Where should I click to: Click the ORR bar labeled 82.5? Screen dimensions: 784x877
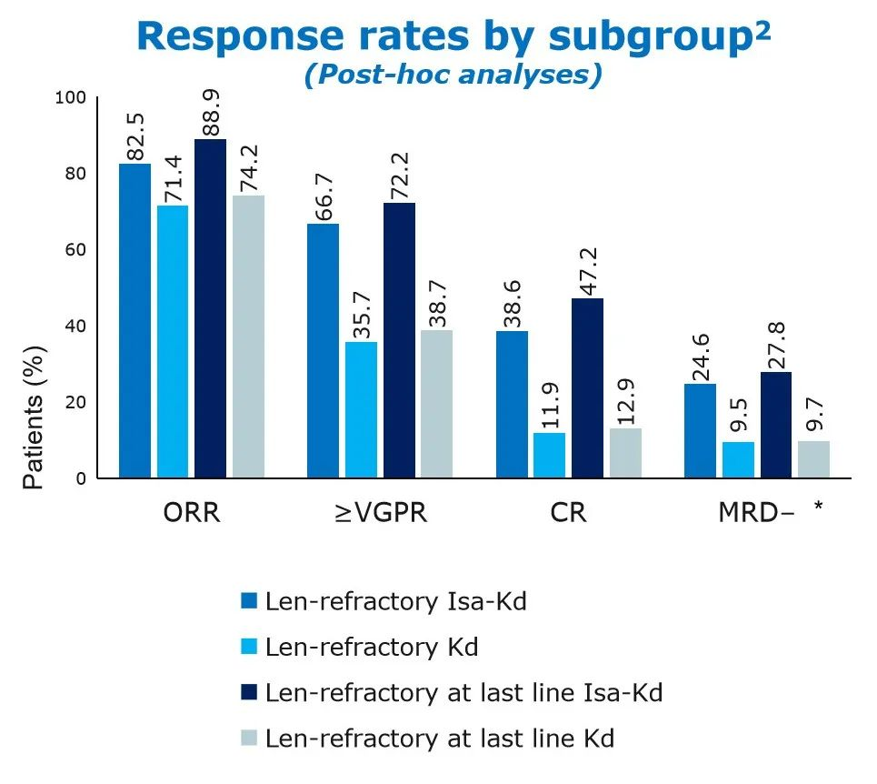(135, 320)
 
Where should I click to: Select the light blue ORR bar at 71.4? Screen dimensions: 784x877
(173, 341)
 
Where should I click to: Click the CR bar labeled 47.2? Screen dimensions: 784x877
(586, 387)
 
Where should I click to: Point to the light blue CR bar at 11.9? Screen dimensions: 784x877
(549, 455)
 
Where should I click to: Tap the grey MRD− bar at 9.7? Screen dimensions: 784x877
(813, 459)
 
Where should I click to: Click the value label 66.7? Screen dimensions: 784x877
(323, 193)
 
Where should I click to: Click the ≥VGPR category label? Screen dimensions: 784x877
(380, 512)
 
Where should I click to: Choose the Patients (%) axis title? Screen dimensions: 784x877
(34, 415)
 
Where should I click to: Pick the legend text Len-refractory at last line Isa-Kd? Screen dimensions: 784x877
(463, 693)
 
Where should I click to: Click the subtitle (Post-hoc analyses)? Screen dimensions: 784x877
(453, 75)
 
